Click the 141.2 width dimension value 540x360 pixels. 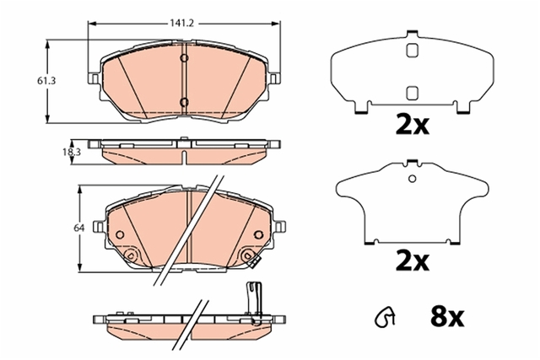182,23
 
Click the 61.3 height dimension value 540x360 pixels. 46,81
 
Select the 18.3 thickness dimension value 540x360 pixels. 72,152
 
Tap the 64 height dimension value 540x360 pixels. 79,228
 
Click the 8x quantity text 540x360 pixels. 447,316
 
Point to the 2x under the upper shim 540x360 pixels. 413,125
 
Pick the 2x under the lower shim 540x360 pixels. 413,261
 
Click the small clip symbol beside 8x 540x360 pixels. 385,317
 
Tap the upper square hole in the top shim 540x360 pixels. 413,51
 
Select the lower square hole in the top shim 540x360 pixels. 413,93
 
